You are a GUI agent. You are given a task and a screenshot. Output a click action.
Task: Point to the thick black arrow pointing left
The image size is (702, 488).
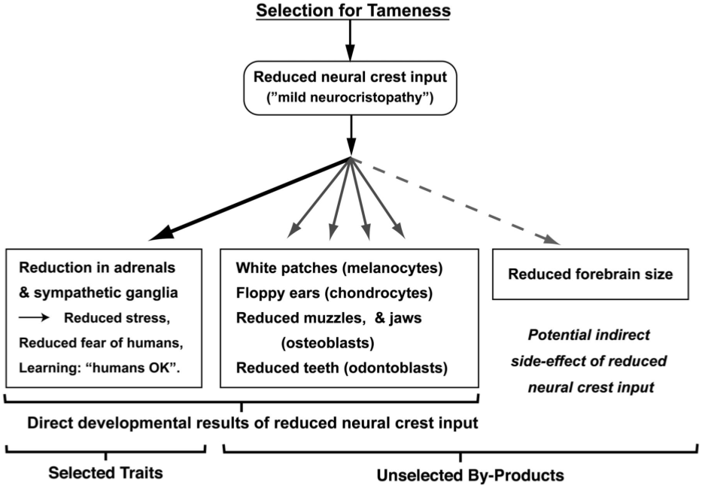pyautogui.click(x=248, y=199)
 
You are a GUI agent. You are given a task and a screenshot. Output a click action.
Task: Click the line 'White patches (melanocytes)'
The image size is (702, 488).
pyautogui.click(x=340, y=268)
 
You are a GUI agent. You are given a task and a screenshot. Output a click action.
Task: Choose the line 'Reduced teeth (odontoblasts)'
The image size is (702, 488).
pyautogui.click(x=342, y=368)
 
